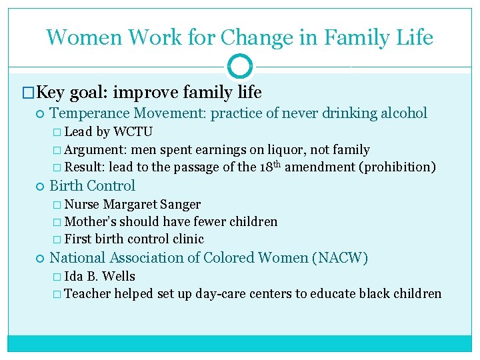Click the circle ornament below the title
point(240,67)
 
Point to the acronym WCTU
point(133,131)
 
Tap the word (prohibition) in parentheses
point(397,167)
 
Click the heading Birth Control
point(93,186)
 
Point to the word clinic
point(187,239)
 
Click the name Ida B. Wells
point(99,276)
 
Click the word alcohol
point(400,113)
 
